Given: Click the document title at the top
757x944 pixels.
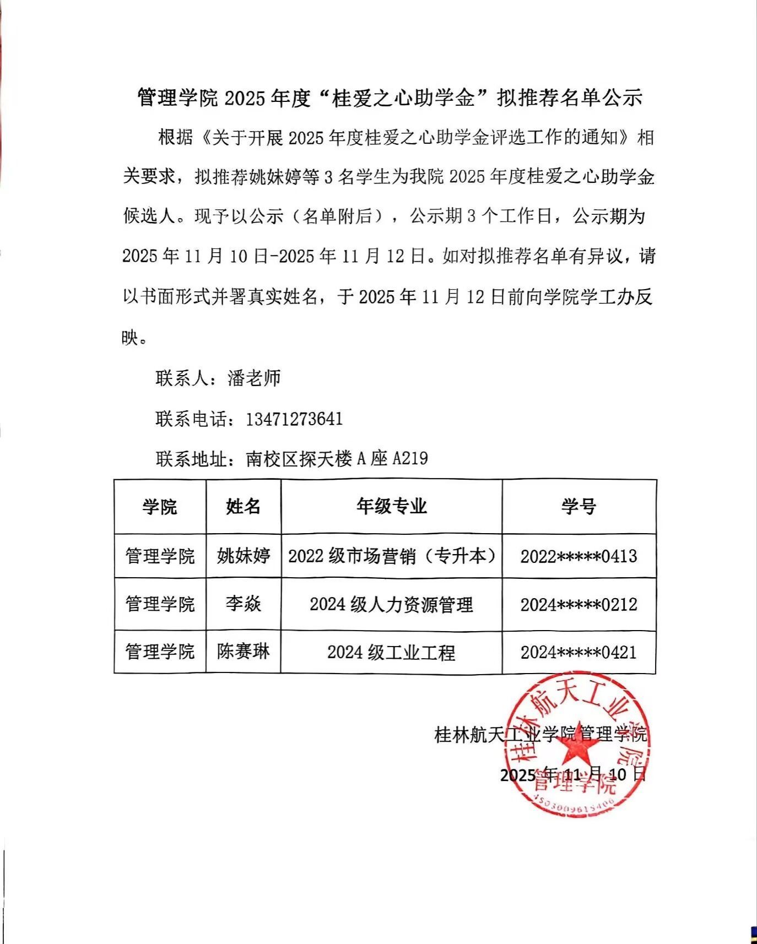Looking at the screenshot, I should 390,98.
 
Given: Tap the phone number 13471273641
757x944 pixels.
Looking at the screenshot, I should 294,419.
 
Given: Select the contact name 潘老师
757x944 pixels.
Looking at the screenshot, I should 254,378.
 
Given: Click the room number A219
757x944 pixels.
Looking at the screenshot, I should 410,458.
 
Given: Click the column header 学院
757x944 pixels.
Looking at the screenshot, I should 160,507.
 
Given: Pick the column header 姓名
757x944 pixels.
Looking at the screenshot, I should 243,507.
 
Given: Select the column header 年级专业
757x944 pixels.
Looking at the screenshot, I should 391,507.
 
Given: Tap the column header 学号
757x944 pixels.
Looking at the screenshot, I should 578,507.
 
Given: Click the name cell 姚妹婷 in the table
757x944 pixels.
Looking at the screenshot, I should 243,556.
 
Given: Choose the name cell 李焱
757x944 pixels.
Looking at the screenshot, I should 243,604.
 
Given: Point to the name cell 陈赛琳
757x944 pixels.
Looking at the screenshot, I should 243,652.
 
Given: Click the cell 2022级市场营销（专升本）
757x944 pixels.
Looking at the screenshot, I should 391,556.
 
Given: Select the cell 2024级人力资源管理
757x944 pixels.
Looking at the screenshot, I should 391,605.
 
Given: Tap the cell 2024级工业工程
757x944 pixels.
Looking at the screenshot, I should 391,653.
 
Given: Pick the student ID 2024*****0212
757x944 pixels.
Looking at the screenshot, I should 578,605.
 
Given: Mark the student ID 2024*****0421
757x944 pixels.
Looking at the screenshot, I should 578,653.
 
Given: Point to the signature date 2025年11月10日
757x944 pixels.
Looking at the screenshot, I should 573,775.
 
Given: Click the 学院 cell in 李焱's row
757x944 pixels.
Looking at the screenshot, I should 160,604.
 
